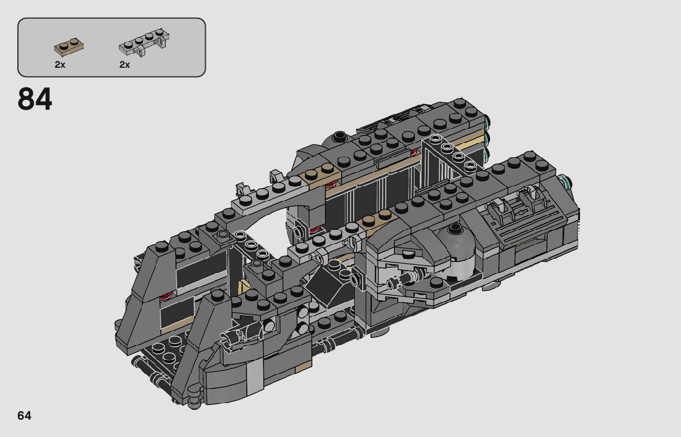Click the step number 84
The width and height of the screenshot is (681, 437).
(x=35, y=99)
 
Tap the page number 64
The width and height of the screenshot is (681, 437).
(x=25, y=415)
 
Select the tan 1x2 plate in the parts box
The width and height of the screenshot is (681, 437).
(x=69, y=46)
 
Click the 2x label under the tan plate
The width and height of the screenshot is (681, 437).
(x=60, y=65)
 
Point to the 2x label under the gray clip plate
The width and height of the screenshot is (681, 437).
(x=124, y=65)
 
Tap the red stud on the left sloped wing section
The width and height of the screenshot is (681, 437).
(x=164, y=296)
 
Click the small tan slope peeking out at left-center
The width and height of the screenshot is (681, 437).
(x=244, y=287)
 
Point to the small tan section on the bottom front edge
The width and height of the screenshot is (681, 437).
(x=302, y=368)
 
